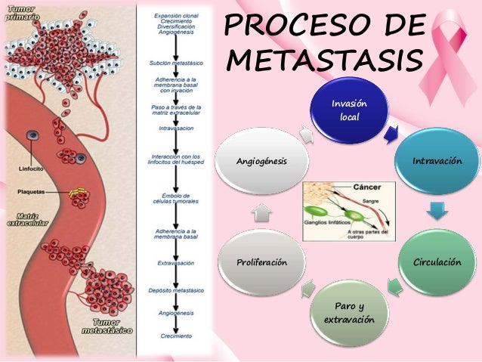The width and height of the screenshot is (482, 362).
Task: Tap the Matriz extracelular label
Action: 22,219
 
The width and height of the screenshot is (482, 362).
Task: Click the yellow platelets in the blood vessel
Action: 75,193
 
